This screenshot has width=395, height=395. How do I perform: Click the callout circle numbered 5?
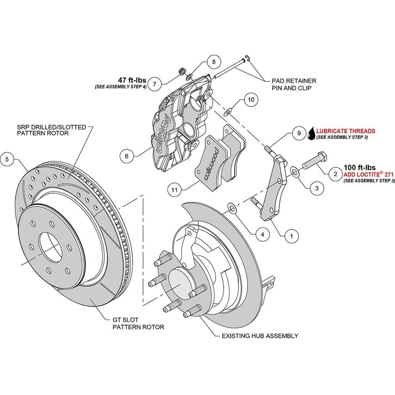[7, 158]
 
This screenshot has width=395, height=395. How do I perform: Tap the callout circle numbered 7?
[154, 84]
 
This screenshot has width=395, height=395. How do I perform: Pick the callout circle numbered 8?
[214, 62]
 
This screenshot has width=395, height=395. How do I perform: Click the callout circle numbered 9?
[299, 133]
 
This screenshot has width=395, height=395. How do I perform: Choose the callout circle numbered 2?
[335, 174]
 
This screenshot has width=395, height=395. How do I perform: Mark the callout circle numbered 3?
[316, 189]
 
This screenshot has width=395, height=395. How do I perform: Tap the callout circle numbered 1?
[292, 236]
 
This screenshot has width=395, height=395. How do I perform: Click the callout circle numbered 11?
[175, 190]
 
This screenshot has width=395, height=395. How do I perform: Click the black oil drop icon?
[312, 133]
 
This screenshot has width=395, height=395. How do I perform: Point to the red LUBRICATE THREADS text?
[346, 131]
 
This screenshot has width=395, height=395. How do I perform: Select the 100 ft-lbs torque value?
[360, 167]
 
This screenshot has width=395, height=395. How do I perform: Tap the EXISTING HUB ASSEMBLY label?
[260, 336]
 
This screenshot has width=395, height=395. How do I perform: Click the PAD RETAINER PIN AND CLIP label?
[294, 84]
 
